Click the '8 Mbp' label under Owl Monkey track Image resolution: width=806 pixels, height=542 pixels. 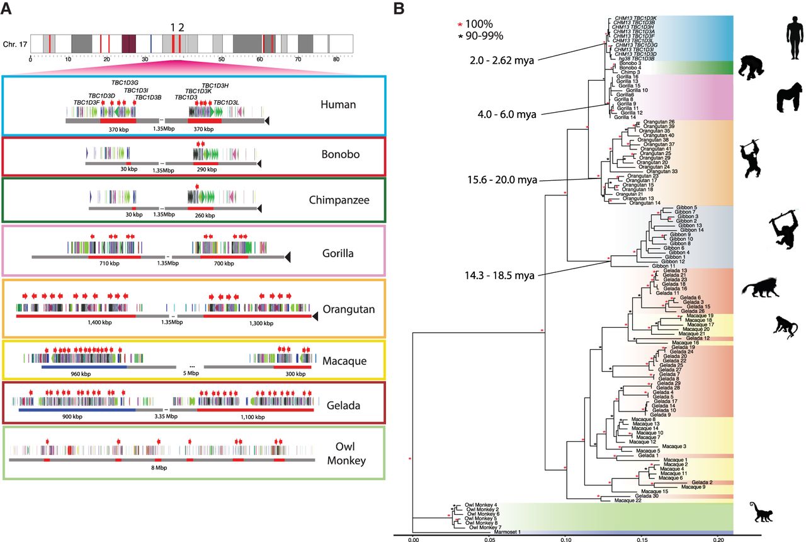tap(170, 468)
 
